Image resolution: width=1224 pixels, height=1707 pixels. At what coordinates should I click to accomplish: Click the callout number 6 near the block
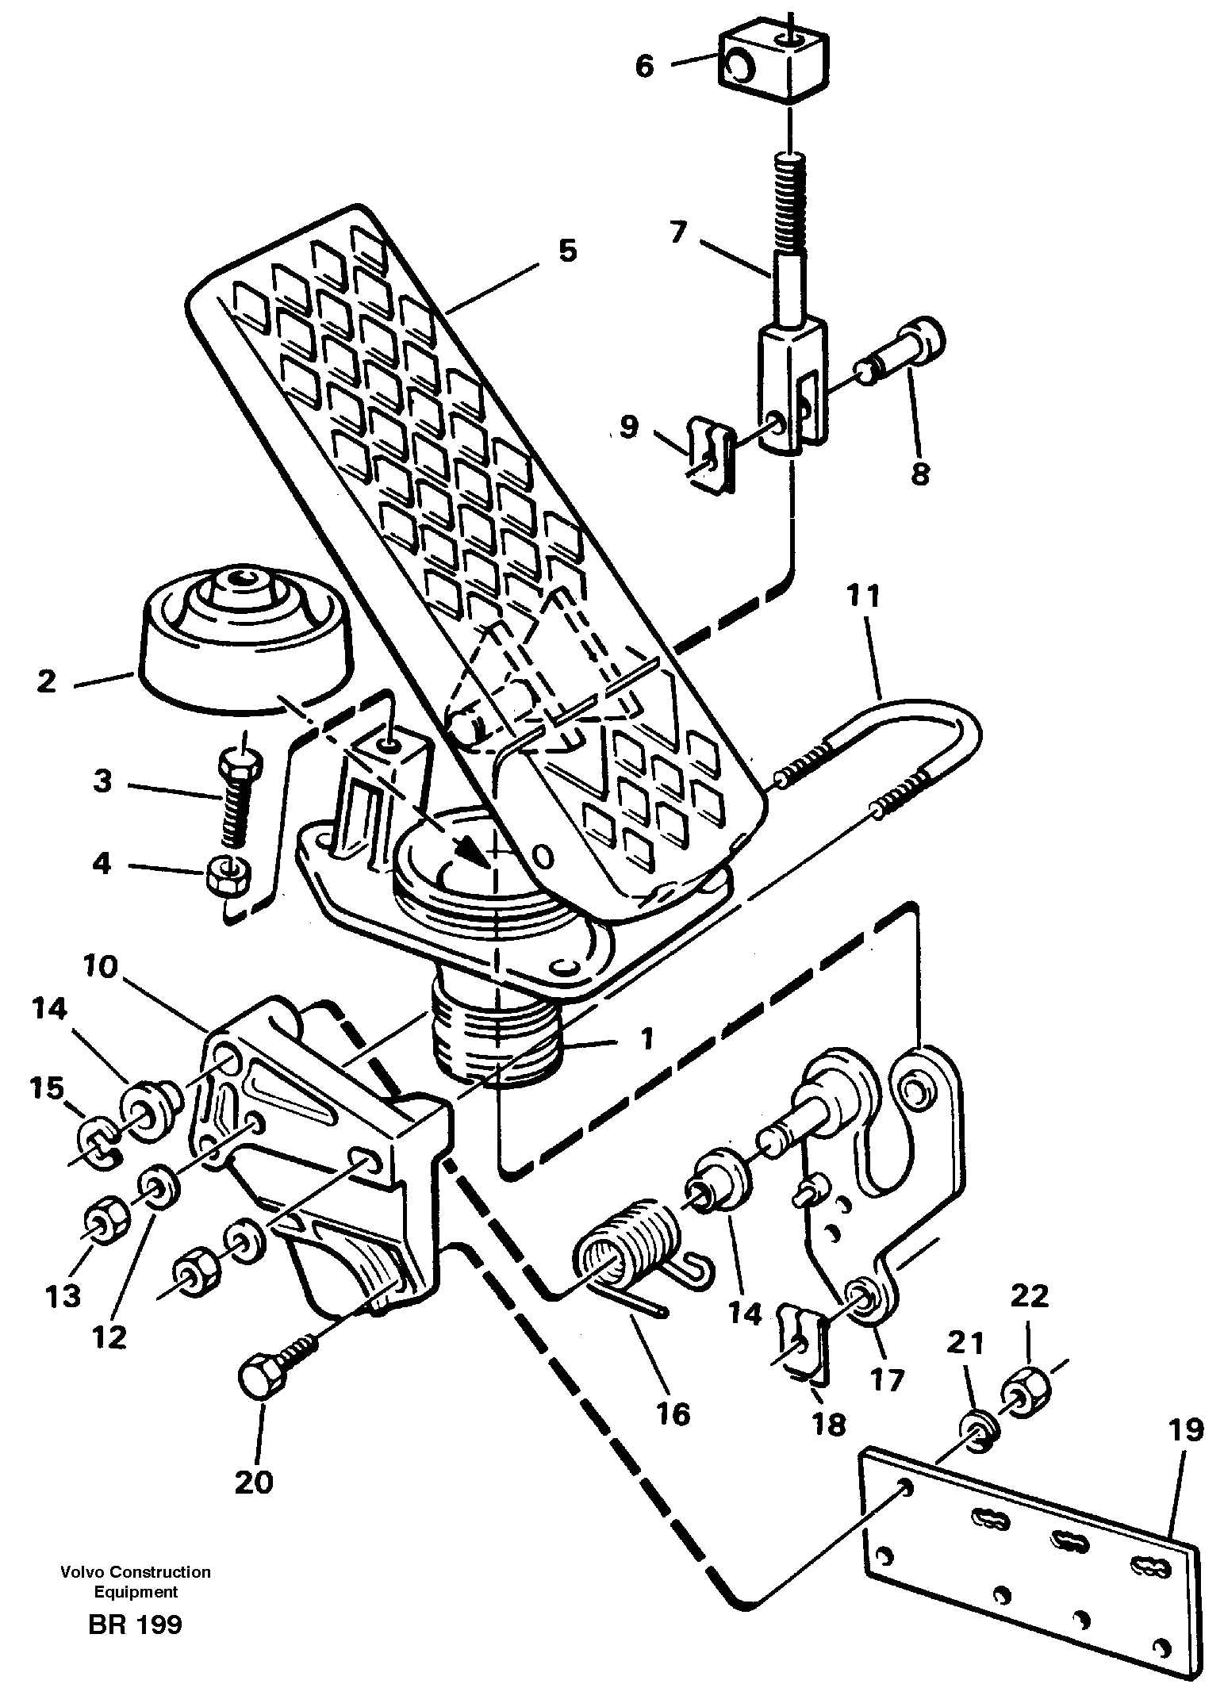click(644, 67)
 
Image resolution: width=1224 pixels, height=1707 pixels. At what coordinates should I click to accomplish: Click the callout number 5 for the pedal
click(567, 251)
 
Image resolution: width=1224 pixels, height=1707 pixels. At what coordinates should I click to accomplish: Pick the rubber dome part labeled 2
click(244, 641)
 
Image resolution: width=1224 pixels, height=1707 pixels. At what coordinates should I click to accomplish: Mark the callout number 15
click(47, 1089)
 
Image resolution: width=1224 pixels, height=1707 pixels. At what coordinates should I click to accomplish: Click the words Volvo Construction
click(136, 1571)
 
